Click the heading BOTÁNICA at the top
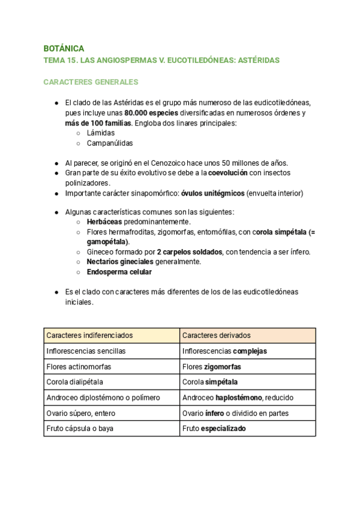point(64,48)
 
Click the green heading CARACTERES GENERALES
point(91,82)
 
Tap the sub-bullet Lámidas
point(101,133)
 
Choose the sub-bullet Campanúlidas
point(110,143)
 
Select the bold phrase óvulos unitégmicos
point(212,193)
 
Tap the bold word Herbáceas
point(106,221)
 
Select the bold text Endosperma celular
point(119,272)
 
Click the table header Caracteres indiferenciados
point(89,335)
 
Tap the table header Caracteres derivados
point(217,335)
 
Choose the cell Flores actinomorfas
point(79,366)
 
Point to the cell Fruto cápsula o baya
point(80,429)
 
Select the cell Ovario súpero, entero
point(81,413)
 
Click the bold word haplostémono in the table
point(238,397)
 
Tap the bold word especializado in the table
point(223,429)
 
